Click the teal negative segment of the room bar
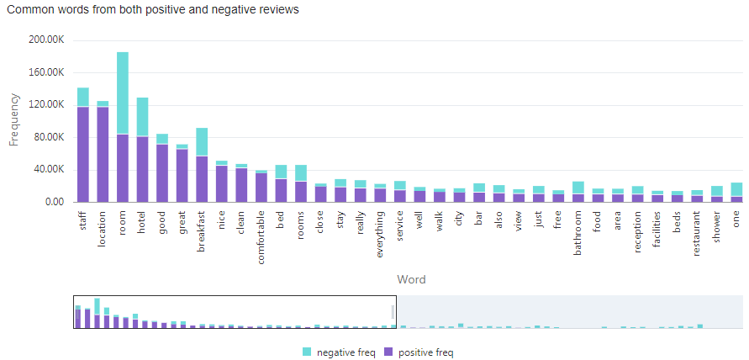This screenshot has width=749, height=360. click(123, 93)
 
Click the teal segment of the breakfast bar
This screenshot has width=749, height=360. click(202, 142)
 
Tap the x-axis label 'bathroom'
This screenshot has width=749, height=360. click(578, 236)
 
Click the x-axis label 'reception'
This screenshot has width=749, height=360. click(638, 236)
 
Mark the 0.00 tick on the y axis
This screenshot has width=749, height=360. click(55, 202)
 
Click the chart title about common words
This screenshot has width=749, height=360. click(152, 10)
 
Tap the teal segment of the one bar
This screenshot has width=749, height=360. click(736, 189)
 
